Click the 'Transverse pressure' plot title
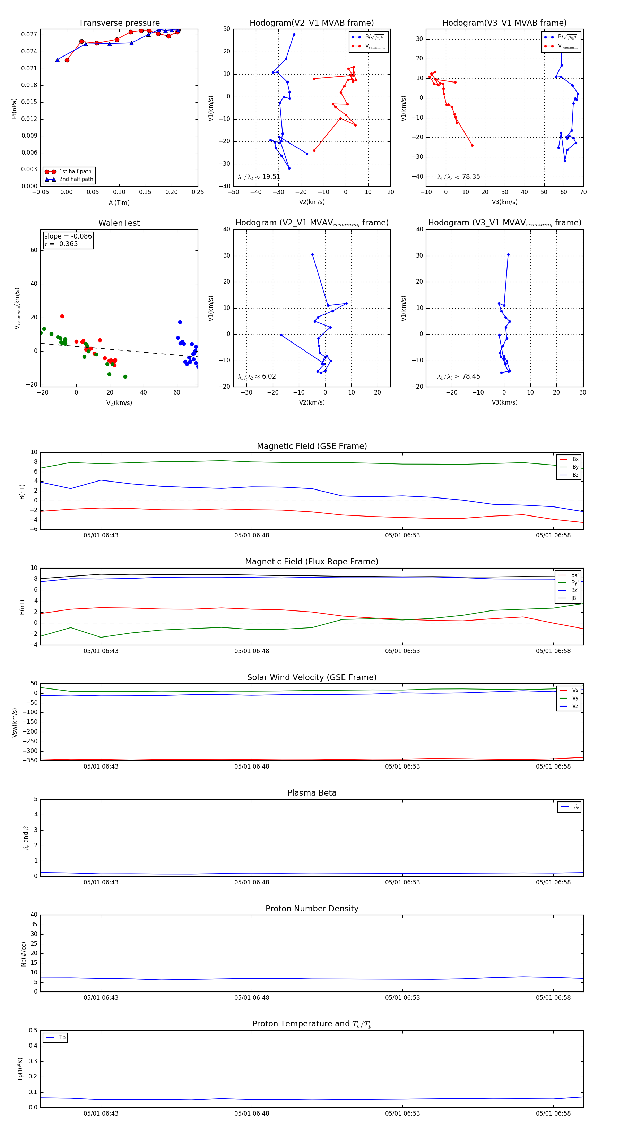click(x=119, y=23)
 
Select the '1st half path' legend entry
click(x=75, y=171)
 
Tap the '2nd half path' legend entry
click(x=76, y=180)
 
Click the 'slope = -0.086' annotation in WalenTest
click(x=68, y=236)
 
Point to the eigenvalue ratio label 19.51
click(x=271, y=177)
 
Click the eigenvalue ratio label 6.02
click(x=269, y=376)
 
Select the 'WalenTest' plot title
click(x=119, y=223)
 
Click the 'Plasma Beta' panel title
click(x=312, y=793)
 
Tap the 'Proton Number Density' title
click(x=312, y=908)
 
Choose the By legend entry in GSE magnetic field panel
click(x=575, y=467)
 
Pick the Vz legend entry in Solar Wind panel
click(x=575, y=706)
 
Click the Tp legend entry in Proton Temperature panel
click(x=62, y=1038)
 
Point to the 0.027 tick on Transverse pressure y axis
click(x=29, y=35)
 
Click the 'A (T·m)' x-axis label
click(x=119, y=202)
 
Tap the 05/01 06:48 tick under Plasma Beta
click(x=251, y=882)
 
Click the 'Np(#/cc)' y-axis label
click(x=24, y=954)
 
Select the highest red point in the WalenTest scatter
click(x=62, y=316)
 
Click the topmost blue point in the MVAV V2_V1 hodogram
click(x=313, y=255)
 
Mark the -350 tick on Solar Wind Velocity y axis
click(x=31, y=760)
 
